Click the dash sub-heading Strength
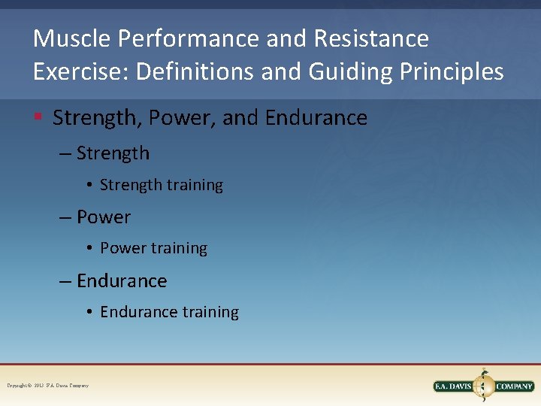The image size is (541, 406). (113, 153)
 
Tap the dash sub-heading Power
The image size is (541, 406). (104, 217)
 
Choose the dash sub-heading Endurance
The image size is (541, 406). (122, 281)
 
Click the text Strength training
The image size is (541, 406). (162, 185)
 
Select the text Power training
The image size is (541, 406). (153, 248)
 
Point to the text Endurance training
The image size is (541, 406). (169, 312)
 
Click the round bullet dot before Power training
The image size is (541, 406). (89, 249)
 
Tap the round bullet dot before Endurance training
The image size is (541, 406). (89, 313)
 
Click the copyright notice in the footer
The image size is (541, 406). (48, 386)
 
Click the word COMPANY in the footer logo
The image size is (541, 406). (514, 386)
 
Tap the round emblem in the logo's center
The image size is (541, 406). (484, 386)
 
